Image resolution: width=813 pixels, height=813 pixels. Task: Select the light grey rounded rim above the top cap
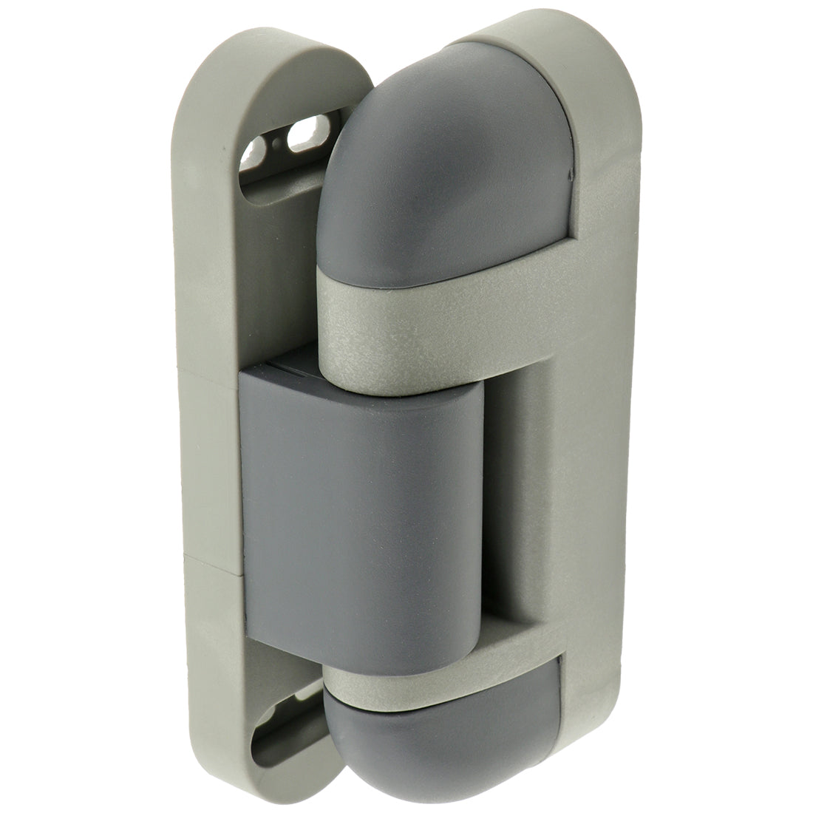(517, 37)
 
